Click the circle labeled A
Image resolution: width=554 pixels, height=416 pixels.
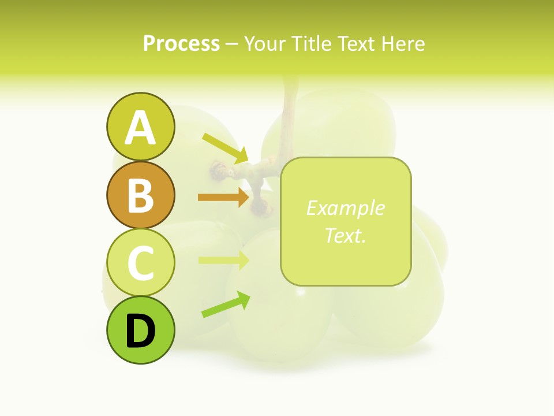[140, 127]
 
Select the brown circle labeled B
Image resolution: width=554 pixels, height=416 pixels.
[140, 195]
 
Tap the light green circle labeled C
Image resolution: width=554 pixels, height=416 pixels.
[140, 263]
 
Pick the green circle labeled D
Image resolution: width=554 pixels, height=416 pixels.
[140, 330]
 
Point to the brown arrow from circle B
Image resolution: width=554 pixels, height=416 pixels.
[222, 197]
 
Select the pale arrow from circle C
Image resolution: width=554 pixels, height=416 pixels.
[222, 260]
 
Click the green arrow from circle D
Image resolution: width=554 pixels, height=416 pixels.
[225, 304]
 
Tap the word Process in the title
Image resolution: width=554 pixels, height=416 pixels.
[181, 43]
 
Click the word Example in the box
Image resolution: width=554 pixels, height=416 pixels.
[345, 208]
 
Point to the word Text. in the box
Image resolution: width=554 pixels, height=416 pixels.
[345, 235]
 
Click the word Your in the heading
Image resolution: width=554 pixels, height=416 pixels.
[264, 43]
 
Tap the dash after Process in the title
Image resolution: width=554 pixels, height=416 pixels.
[231, 44]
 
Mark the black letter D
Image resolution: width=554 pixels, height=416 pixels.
[140, 332]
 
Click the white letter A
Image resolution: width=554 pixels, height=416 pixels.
[140, 128]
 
